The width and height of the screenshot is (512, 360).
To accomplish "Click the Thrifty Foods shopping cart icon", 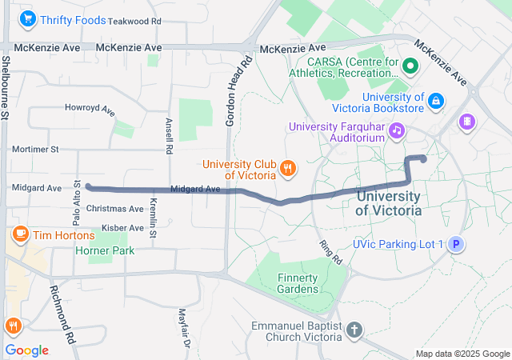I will [x=29, y=18].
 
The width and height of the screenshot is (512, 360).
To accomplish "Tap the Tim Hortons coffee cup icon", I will [x=20, y=234].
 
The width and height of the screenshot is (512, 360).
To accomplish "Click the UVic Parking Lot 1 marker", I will [x=455, y=244].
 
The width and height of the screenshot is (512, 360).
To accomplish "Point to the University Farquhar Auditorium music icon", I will [x=396, y=130].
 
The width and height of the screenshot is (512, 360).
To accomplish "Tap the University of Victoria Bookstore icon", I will [x=436, y=101].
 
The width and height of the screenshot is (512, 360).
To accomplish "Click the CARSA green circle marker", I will [x=411, y=66].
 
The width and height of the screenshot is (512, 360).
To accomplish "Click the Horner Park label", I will [x=105, y=250].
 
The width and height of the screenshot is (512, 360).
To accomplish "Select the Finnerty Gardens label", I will [x=298, y=282].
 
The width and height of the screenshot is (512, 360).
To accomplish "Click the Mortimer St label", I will [x=35, y=149].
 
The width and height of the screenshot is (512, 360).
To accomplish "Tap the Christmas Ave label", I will [x=114, y=208].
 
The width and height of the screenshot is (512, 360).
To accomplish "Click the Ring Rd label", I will [x=330, y=252].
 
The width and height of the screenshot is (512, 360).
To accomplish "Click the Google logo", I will [x=26, y=350].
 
